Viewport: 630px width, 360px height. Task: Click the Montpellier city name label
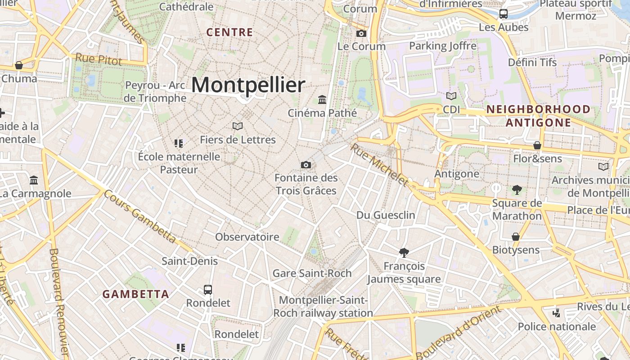[x=248, y=85]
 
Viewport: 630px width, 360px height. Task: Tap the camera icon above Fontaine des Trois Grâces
[x=306, y=165]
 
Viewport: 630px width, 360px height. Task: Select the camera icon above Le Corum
[x=361, y=33]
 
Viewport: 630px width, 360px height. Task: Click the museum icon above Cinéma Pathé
[x=322, y=99]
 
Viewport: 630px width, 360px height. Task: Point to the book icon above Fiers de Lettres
[x=238, y=126]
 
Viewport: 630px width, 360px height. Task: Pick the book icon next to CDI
[x=451, y=96]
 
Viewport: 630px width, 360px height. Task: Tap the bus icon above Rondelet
[x=208, y=289]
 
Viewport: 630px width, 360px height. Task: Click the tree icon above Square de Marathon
[x=517, y=190]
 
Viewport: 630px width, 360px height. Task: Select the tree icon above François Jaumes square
[x=404, y=253]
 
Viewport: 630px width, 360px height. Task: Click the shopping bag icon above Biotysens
[x=516, y=237]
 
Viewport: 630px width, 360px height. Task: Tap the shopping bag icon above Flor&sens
[x=537, y=145]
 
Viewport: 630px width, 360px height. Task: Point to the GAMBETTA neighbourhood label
[x=136, y=294]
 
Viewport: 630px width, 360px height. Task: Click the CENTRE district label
[x=229, y=32]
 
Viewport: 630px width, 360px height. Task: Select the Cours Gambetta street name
[x=139, y=216]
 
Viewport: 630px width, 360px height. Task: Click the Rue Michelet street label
[x=379, y=165]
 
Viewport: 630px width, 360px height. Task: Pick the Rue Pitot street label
[x=99, y=59]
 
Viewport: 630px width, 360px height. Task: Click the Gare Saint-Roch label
[x=312, y=273]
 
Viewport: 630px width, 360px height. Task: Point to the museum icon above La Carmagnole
[x=34, y=180]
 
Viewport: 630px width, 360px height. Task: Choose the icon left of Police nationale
[x=557, y=313]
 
